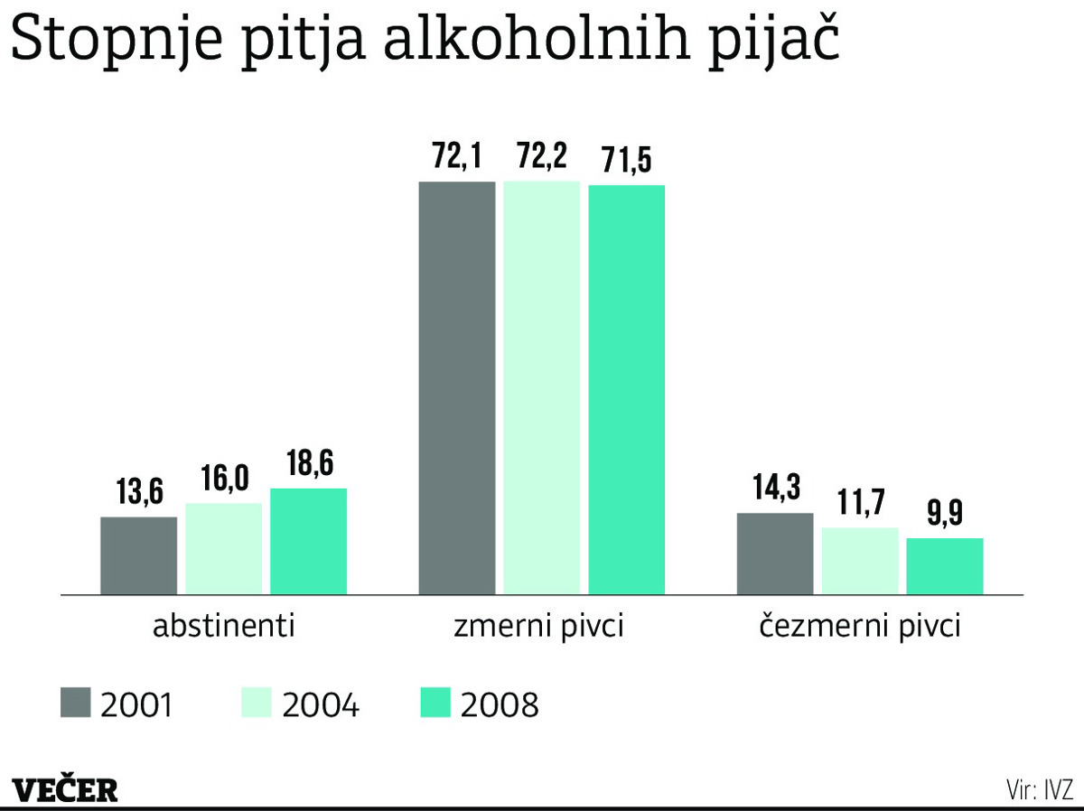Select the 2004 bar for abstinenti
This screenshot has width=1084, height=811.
pos(223,548)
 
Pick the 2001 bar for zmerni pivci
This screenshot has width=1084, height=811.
pos(457,387)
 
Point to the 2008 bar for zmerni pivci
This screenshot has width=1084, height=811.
pos(627,389)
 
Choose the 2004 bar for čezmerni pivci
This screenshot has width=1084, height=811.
pos(860,560)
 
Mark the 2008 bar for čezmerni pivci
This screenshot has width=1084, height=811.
pos(945,565)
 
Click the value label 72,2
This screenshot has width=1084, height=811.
pos(542,158)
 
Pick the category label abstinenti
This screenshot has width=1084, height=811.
pos(223,627)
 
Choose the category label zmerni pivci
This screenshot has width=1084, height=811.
pos(541,627)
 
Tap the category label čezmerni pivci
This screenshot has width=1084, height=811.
pos(859,627)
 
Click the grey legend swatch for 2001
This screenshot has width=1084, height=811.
pos(76,703)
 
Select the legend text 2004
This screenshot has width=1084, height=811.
pos(321,704)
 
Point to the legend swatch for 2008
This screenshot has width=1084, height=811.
pos(435,703)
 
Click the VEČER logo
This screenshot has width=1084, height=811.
pos(66,788)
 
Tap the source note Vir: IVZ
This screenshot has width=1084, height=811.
pos(1038,788)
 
